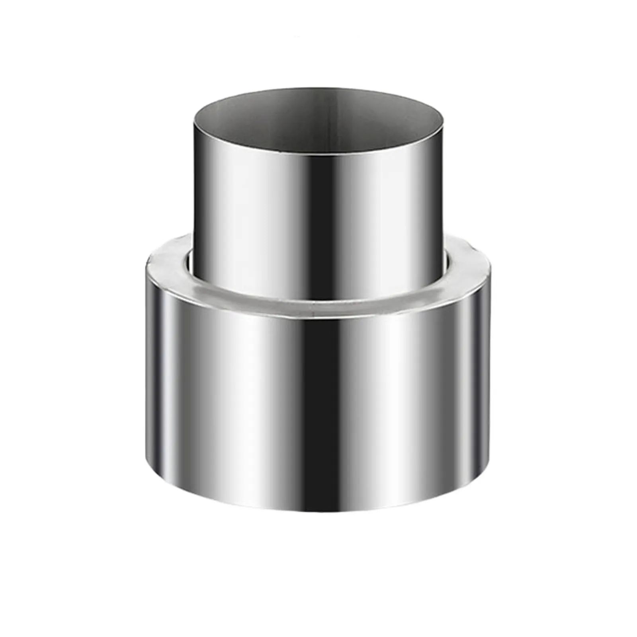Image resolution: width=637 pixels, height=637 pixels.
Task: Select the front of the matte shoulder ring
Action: pyautogui.click(x=318, y=305)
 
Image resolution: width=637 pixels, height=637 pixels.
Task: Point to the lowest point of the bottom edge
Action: pyautogui.click(x=318, y=512)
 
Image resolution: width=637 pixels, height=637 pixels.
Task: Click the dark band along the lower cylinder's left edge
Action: pyautogui.click(x=157, y=378)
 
